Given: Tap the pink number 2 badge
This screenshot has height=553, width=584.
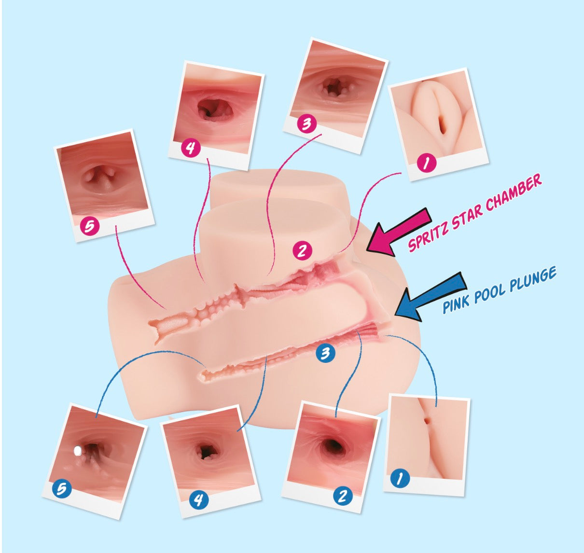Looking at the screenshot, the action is tap(303, 250).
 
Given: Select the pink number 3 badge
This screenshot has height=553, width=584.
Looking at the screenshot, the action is tap(306, 124).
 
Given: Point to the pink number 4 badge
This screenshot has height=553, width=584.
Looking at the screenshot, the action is tap(191, 148).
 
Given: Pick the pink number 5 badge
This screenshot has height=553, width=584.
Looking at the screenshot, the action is tap(89, 226).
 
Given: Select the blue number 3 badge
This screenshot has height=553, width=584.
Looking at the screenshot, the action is tap(326, 353).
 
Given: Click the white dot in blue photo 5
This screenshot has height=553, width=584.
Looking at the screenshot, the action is tap(78, 451).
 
